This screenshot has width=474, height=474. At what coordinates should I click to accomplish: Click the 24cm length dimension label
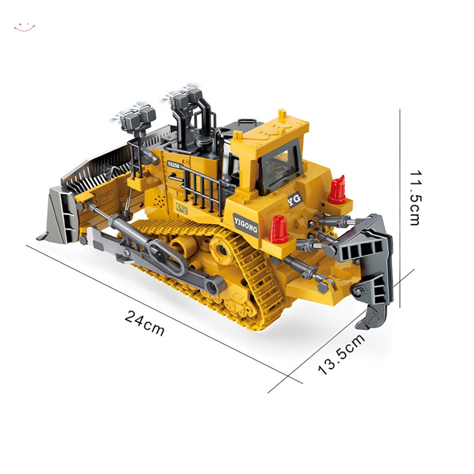pos(145,323)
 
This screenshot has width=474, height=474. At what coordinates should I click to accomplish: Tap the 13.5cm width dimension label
pos(341,355)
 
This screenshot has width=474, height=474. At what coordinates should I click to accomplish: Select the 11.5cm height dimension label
pos(415,199)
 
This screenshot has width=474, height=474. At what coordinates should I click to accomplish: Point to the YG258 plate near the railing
pos(174,164)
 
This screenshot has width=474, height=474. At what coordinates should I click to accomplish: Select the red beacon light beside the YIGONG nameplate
pos(278,229)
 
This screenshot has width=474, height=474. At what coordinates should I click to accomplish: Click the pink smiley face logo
pos(25,27)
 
